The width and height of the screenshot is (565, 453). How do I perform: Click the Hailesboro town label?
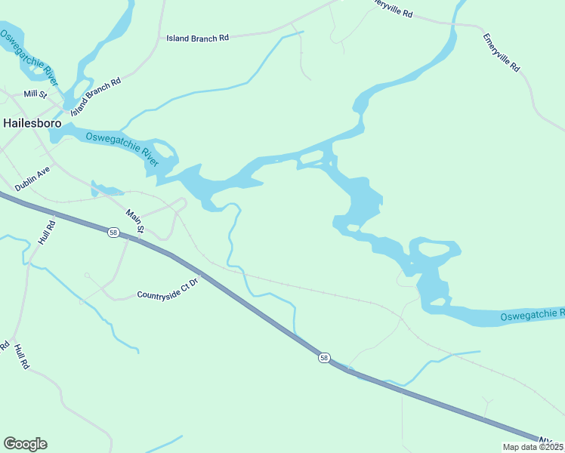point(32,122)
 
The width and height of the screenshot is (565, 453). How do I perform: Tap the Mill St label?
point(35,94)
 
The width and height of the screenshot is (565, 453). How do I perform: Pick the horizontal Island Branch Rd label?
point(197,38)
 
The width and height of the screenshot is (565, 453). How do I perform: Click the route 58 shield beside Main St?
point(113,233)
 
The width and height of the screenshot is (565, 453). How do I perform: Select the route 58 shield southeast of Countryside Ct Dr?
point(323,358)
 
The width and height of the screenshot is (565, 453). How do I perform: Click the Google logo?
point(25,444)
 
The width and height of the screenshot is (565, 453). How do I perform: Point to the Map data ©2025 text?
point(533,447)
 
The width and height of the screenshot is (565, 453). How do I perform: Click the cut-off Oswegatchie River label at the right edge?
point(532,313)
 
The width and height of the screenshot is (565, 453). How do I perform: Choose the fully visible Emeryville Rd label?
point(503,53)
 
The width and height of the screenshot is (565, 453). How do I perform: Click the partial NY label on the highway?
point(549,439)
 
